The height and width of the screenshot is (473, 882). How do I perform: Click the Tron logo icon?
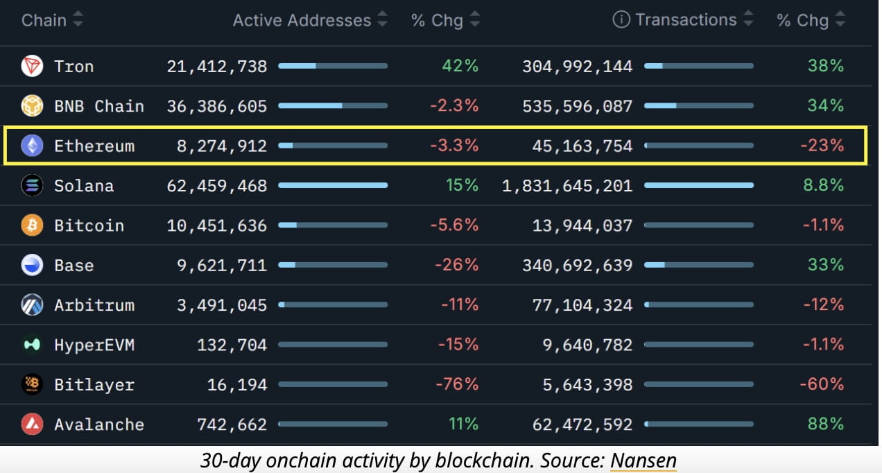(x=32, y=67)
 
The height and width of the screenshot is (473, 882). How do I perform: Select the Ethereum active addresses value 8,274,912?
(x=223, y=146)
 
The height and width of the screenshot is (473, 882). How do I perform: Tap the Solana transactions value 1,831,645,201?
(x=567, y=186)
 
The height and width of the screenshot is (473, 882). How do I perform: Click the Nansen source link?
(x=643, y=460)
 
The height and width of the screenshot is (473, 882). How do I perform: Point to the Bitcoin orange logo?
(x=32, y=225)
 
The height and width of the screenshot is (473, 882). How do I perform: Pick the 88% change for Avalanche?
(x=825, y=424)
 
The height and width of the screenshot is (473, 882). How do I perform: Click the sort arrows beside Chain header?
(x=78, y=20)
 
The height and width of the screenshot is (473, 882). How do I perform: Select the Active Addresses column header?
(x=302, y=20)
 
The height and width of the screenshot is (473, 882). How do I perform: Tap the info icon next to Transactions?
(x=621, y=20)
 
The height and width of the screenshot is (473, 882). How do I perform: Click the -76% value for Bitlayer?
(x=456, y=384)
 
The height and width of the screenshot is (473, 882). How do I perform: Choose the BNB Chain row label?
(x=99, y=106)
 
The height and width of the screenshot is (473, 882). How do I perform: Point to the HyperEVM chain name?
(x=94, y=345)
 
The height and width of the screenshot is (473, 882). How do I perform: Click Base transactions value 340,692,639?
(x=582, y=266)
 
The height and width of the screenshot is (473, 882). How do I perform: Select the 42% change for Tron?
(x=460, y=67)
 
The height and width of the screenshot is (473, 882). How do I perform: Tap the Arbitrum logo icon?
(x=32, y=305)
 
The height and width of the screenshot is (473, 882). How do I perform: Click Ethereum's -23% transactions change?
(x=822, y=146)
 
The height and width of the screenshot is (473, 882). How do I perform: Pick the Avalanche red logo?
(x=32, y=424)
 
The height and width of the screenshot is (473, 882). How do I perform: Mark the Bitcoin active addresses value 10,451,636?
(x=217, y=225)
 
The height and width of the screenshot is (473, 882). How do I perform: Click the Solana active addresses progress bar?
(x=333, y=186)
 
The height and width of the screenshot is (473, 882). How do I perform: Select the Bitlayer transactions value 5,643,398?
(x=588, y=384)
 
